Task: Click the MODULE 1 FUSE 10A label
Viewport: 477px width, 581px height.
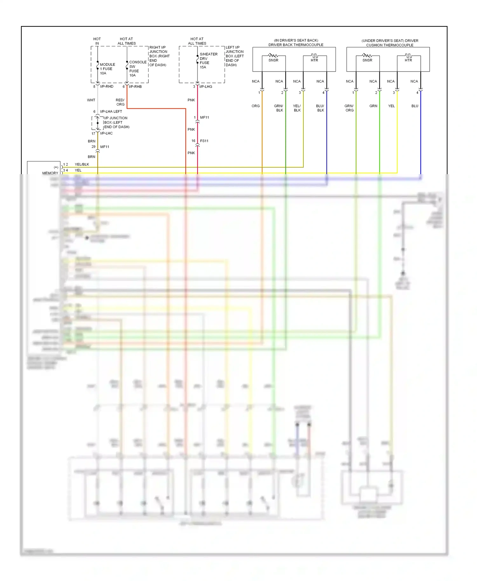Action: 107,69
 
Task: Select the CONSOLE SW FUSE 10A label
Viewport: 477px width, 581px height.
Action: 137,69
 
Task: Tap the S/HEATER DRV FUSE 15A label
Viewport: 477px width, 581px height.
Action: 208,60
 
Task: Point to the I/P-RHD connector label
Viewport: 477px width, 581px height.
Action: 107,86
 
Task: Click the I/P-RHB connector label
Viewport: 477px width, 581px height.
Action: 135,86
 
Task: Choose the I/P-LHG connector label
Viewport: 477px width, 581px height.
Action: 206,86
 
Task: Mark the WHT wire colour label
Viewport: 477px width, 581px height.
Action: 91,100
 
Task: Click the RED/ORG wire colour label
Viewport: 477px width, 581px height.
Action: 120,102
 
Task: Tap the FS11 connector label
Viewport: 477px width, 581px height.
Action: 204,141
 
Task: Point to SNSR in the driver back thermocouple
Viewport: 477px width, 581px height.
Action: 273,60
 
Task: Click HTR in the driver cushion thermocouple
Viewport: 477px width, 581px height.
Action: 408,60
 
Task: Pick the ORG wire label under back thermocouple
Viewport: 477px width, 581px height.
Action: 256,106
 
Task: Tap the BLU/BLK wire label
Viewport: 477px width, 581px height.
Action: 320,108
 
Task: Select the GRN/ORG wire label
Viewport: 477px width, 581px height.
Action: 349,108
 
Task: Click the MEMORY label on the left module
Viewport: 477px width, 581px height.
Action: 50,173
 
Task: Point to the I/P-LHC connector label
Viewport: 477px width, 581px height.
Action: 106,133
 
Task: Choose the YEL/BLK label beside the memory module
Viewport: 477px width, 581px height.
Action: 82,164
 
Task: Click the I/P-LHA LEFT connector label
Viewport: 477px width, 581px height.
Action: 111,112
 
